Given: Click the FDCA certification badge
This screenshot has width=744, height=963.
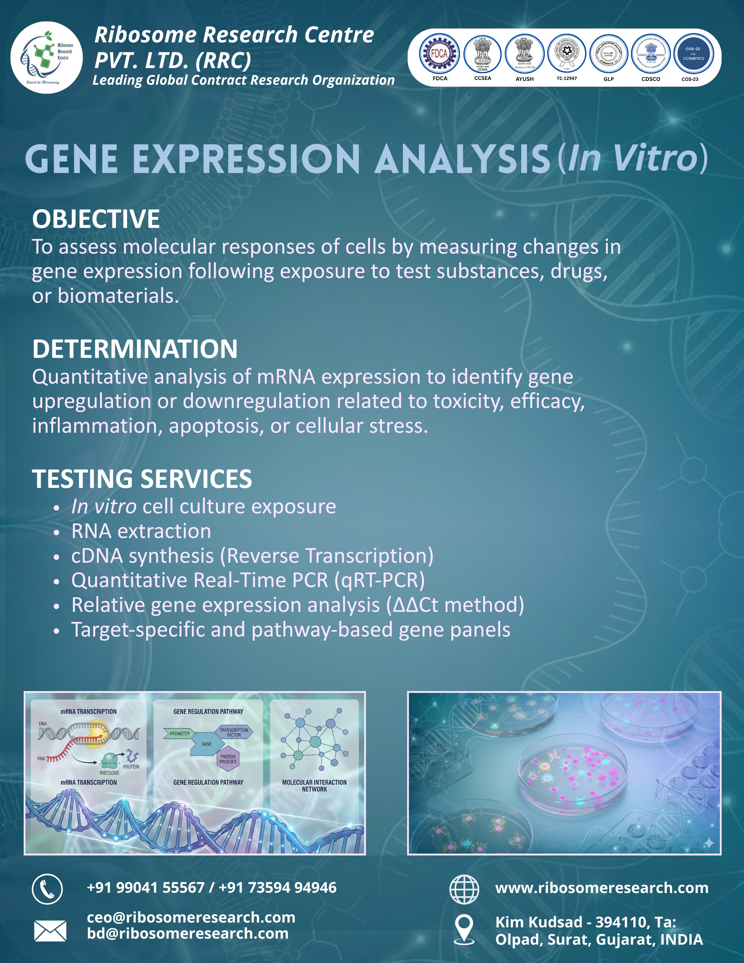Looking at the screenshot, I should tap(439, 54).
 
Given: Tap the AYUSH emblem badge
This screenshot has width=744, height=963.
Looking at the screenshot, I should tap(524, 54).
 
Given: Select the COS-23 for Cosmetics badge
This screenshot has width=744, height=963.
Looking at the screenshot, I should tap(693, 54).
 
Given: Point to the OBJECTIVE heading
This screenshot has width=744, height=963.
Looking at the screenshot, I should tap(96, 219).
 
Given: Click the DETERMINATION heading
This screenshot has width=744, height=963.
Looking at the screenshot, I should tap(135, 349).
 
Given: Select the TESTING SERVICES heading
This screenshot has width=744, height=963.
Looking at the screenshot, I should tap(142, 479).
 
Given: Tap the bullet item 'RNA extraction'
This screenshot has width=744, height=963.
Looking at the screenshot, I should tap(141, 531).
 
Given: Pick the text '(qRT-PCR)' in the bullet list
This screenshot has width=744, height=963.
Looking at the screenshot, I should tap(379, 580).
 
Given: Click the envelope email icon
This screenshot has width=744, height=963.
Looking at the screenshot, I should tap(50, 930).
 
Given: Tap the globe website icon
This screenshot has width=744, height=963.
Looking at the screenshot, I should tap(464, 889).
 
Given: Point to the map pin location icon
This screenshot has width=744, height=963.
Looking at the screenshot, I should tap(464, 929).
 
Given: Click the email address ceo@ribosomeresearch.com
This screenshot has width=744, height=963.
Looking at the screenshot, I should tap(191, 917).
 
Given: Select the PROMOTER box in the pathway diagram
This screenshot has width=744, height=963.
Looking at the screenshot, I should tap(178, 734).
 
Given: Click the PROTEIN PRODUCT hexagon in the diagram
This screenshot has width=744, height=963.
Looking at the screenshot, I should tap(228, 759).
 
